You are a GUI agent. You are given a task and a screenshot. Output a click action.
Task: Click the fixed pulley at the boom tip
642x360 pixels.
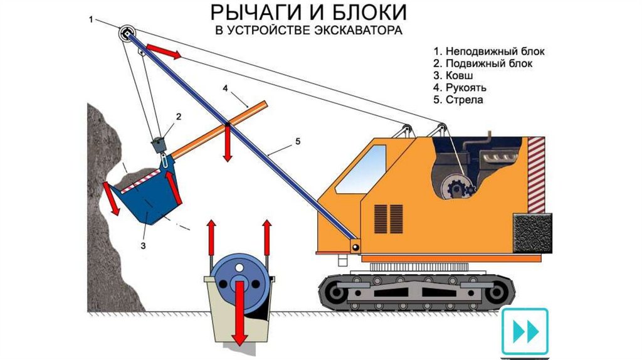point(127,33)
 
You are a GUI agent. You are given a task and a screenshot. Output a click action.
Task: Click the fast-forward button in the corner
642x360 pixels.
point(525,331)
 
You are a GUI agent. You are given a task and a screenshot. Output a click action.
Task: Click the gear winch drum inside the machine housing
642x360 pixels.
point(455,187)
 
